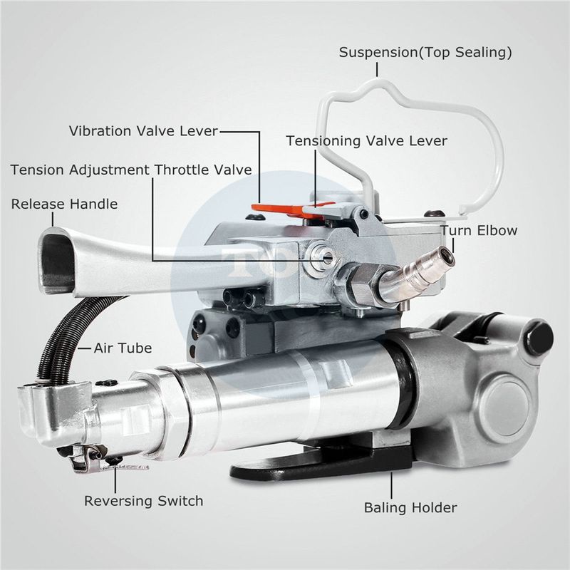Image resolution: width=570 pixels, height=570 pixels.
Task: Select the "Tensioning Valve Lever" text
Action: pos(367,141)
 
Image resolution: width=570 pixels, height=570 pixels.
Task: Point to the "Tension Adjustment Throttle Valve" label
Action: pos(131,170)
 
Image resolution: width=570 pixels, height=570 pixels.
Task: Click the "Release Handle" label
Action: pos(64,204)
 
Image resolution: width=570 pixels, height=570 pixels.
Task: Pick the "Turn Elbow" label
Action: pos(479,230)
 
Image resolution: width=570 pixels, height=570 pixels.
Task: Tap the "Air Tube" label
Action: pos(123,349)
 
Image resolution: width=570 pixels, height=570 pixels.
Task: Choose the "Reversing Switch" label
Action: pos(143,501)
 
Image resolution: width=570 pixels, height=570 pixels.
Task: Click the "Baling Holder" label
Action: pos(410,508)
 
